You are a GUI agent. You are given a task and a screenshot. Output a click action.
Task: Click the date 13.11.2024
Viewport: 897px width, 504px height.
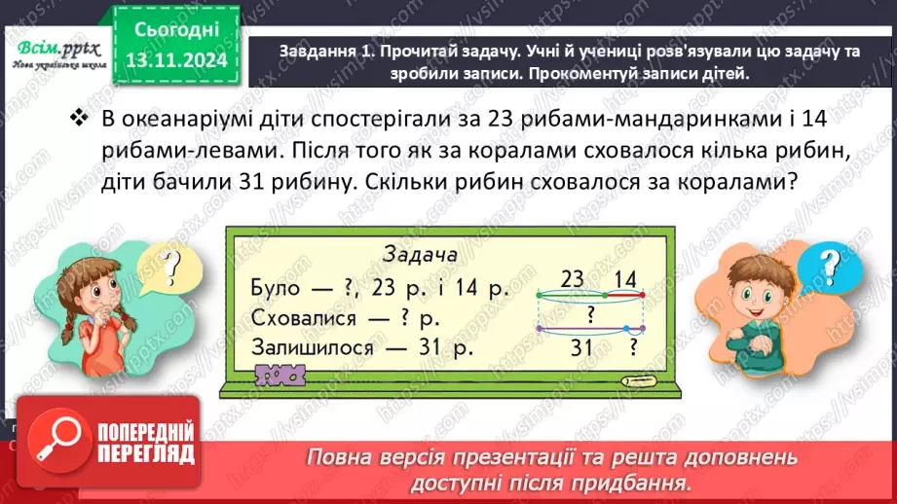tap(175, 59)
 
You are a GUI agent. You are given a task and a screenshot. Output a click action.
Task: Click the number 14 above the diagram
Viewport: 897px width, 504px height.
tap(622, 278)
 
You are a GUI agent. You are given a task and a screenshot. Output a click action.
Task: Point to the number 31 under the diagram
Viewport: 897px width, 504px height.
tap(582, 347)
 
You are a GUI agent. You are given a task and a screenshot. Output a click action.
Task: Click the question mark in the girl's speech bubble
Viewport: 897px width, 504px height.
tap(172, 264)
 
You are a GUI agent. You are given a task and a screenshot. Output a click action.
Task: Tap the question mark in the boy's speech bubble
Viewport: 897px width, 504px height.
tap(827, 264)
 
